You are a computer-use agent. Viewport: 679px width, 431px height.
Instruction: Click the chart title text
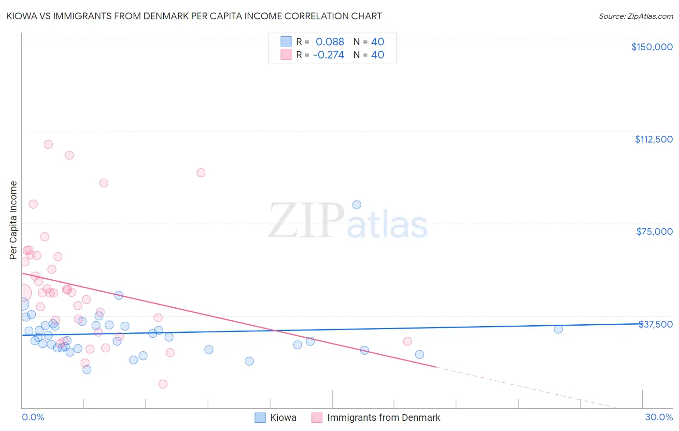195,16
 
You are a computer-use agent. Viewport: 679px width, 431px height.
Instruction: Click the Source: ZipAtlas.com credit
636,16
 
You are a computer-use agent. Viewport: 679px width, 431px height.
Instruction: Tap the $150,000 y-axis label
651,47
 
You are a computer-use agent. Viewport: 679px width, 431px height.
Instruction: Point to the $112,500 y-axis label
653,139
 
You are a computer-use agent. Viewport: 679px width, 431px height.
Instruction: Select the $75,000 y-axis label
654,231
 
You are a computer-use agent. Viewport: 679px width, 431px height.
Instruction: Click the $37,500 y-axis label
655,324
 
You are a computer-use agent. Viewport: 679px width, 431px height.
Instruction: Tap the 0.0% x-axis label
33,417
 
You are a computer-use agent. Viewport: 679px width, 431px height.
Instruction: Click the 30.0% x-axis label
659,417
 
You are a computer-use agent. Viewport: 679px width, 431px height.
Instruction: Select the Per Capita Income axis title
14,220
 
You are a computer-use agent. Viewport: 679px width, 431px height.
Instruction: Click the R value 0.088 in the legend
330,42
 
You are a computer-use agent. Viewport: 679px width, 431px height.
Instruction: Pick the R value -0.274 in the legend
328,55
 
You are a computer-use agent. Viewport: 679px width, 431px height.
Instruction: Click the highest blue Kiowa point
356,204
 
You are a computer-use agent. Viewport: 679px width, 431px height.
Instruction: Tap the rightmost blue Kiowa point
558,329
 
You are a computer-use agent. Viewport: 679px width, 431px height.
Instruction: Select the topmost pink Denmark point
48,144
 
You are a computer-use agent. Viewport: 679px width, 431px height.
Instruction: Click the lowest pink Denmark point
163,384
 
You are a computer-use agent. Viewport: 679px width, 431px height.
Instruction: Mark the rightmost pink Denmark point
407,341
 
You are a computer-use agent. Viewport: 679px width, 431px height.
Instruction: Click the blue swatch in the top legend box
286,42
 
